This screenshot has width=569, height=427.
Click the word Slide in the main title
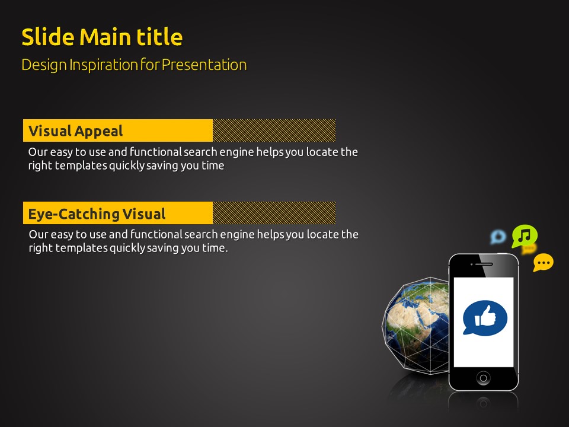(48, 37)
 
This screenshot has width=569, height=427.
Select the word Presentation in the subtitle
(204, 65)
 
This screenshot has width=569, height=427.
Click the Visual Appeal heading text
(75, 131)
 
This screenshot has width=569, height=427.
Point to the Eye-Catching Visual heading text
(97, 214)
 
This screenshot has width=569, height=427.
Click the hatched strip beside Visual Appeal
(274, 130)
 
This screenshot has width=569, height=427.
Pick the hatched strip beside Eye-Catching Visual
(274, 213)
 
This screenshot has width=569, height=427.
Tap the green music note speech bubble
(525, 236)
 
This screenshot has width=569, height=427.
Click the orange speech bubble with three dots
(544, 263)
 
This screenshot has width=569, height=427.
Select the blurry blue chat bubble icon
(498, 237)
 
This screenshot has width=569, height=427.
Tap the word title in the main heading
(159, 37)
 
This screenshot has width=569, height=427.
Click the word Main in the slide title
(106, 37)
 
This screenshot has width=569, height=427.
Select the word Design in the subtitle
(44, 65)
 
